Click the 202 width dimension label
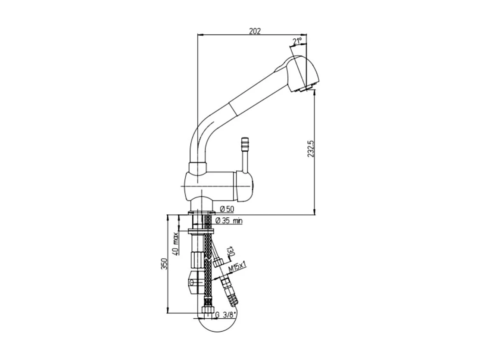[x=255, y=31]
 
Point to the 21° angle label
[x=297, y=41]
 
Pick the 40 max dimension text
[x=175, y=244]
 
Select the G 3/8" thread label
[x=226, y=315]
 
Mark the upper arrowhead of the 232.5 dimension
[x=315, y=94]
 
